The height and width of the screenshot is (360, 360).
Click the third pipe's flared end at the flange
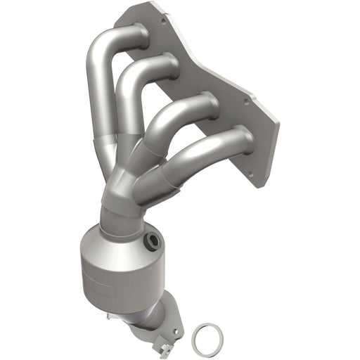pyautogui.click(x=207, y=103)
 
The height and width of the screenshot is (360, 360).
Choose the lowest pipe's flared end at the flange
pyautogui.click(x=242, y=137)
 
